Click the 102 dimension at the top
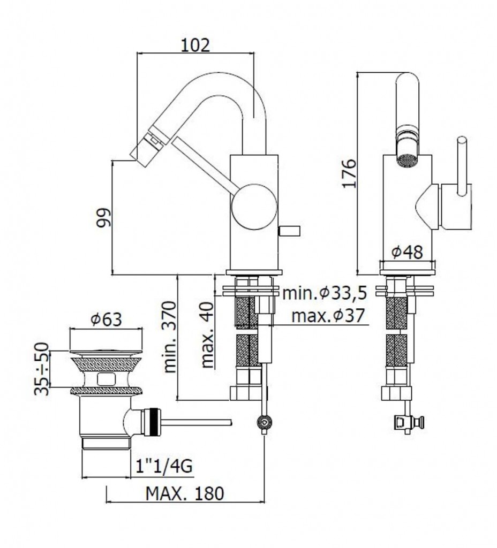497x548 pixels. pyautogui.click(x=195, y=45)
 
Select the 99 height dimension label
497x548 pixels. pyautogui.click(x=103, y=218)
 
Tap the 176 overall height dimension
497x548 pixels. pyautogui.click(x=349, y=174)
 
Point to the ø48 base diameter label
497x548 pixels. pyautogui.click(x=407, y=252)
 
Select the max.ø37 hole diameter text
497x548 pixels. pyautogui.click(x=328, y=316)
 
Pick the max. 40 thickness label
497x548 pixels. pyautogui.click(x=208, y=335)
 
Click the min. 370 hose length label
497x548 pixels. pyautogui.click(x=170, y=337)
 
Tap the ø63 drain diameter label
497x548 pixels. pyautogui.click(x=107, y=319)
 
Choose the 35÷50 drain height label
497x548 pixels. pyautogui.click(x=42, y=369)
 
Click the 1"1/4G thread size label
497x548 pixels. pyautogui.click(x=164, y=466)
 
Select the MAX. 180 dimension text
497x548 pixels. pyautogui.click(x=185, y=493)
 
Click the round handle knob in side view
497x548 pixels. pyautogui.click(x=254, y=207)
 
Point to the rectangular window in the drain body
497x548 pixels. pyautogui.click(x=107, y=378)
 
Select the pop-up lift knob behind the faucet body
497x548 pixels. pyautogui.click(x=289, y=231)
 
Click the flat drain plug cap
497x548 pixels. pyautogui.click(x=106, y=351)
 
